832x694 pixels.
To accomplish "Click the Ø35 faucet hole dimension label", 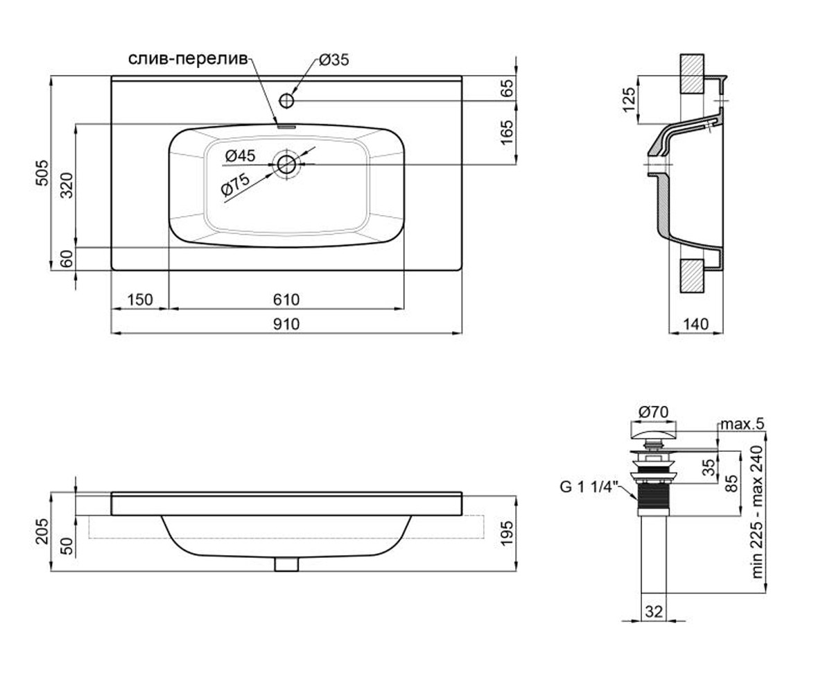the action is [334, 60].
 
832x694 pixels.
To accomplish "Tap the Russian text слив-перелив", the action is [188, 59].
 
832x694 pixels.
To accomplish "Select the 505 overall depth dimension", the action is [42, 173].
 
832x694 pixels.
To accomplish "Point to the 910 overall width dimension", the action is [286, 324].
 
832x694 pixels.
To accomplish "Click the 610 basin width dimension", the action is [286, 300].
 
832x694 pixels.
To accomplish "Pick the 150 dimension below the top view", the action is [140, 300].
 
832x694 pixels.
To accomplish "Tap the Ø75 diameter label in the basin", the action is [235, 185].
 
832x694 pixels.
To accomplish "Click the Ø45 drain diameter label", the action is [240, 155].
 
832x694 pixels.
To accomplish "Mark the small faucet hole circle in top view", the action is [286, 101].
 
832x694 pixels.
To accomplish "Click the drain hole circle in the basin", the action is [286, 164].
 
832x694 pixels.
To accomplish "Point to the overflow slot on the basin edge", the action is [286, 127].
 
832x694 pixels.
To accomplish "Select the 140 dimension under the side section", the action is [695, 324].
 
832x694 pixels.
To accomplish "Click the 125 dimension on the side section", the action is [629, 100].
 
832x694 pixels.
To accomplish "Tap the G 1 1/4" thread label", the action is [589, 487].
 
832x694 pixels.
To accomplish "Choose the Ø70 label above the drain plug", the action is [653, 412].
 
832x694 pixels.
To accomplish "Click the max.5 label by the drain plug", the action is [742, 424].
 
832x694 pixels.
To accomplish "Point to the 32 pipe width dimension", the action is [654, 611].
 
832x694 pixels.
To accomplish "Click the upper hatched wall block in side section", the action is [692, 74].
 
